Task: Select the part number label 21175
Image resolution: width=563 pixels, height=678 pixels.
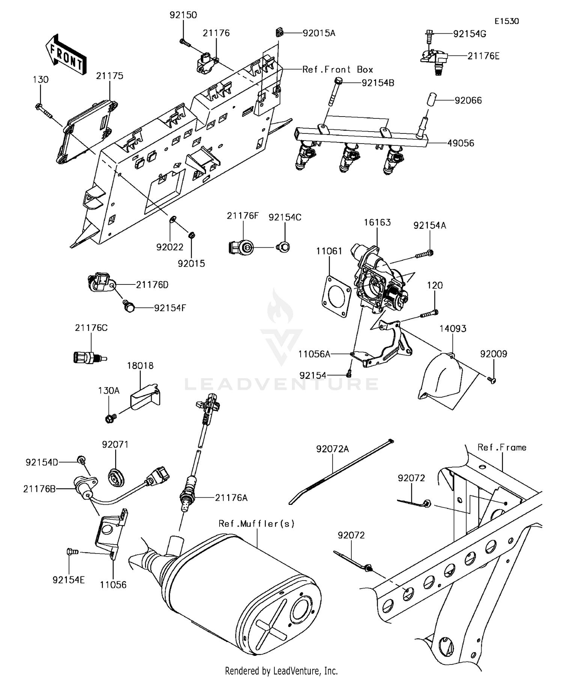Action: (x=109, y=76)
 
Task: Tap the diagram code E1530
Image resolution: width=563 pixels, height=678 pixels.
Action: (x=506, y=21)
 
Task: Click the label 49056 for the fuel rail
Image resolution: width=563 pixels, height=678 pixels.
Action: (x=461, y=143)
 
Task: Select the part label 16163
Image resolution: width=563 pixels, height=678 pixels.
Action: (x=377, y=222)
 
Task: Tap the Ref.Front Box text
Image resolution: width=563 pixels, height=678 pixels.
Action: (x=338, y=70)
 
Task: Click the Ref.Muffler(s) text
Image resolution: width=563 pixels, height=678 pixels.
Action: (x=256, y=524)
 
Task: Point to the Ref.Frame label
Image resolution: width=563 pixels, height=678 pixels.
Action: (x=502, y=448)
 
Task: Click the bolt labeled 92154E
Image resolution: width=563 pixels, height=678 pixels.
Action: (x=71, y=552)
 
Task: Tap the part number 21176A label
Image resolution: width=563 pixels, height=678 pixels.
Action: (x=231, y=498)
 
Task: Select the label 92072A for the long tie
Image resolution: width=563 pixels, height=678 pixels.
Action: (x=332, y=449)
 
